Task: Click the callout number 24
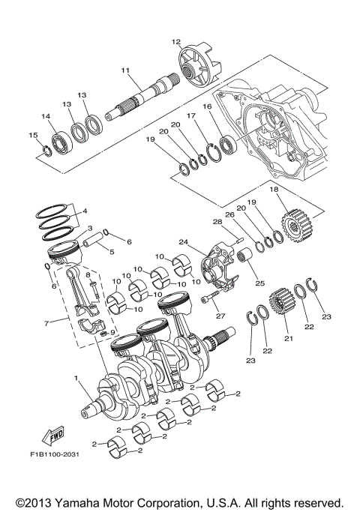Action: point(182,241)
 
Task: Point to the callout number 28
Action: point(217,221)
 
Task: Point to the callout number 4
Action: point(85,211)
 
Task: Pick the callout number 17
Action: point(191,116)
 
